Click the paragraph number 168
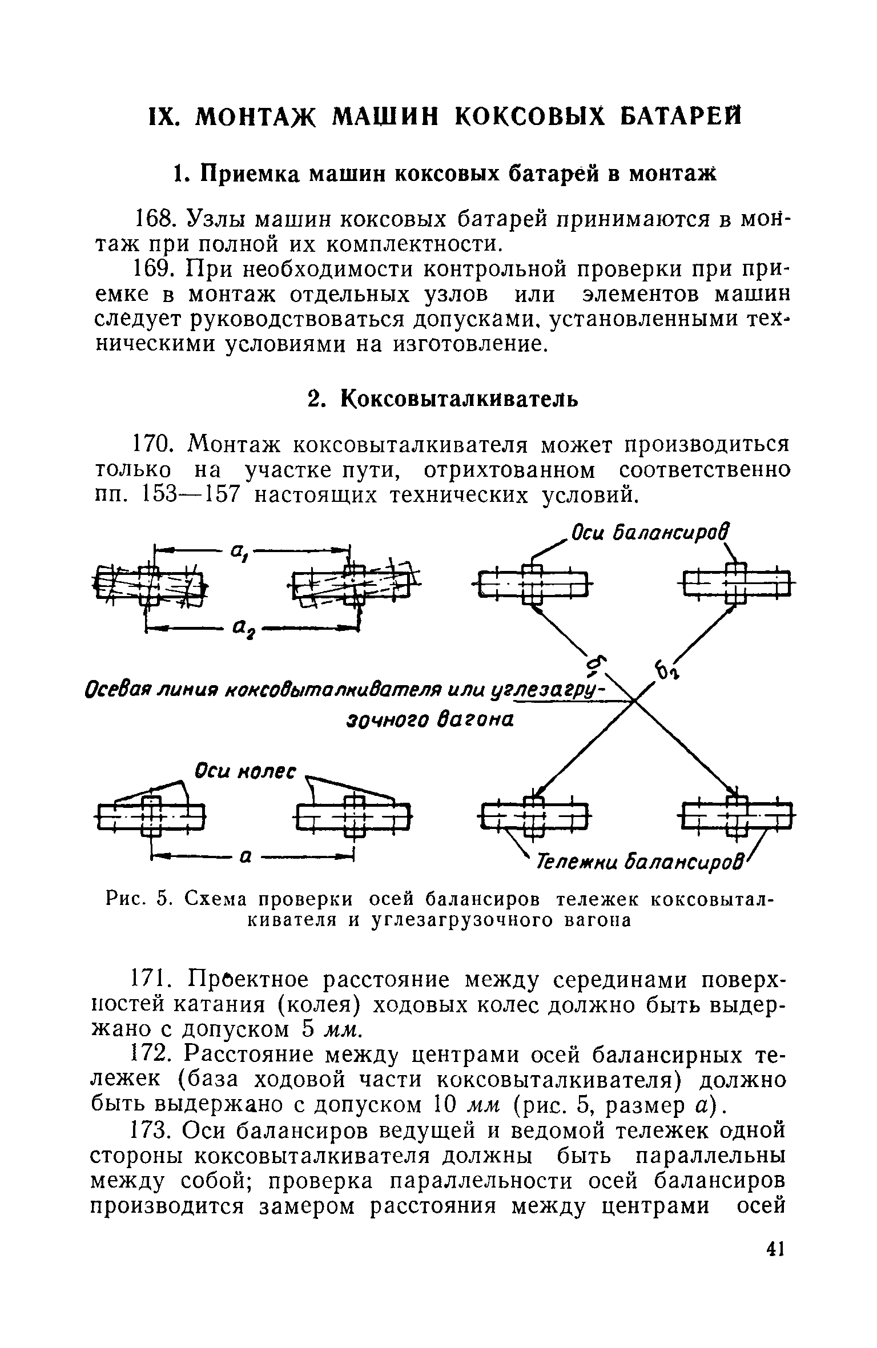point(155,219)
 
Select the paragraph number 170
point(155,444)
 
